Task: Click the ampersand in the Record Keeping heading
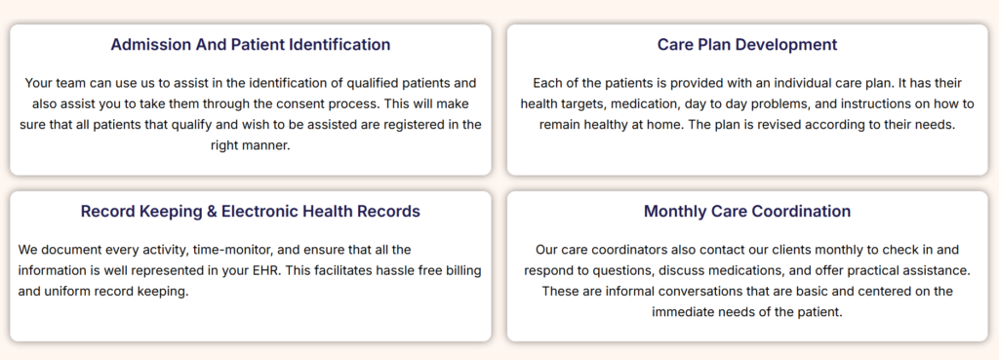[212, 212]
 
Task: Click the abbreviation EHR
[269, 271]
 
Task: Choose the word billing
[461, 271]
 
